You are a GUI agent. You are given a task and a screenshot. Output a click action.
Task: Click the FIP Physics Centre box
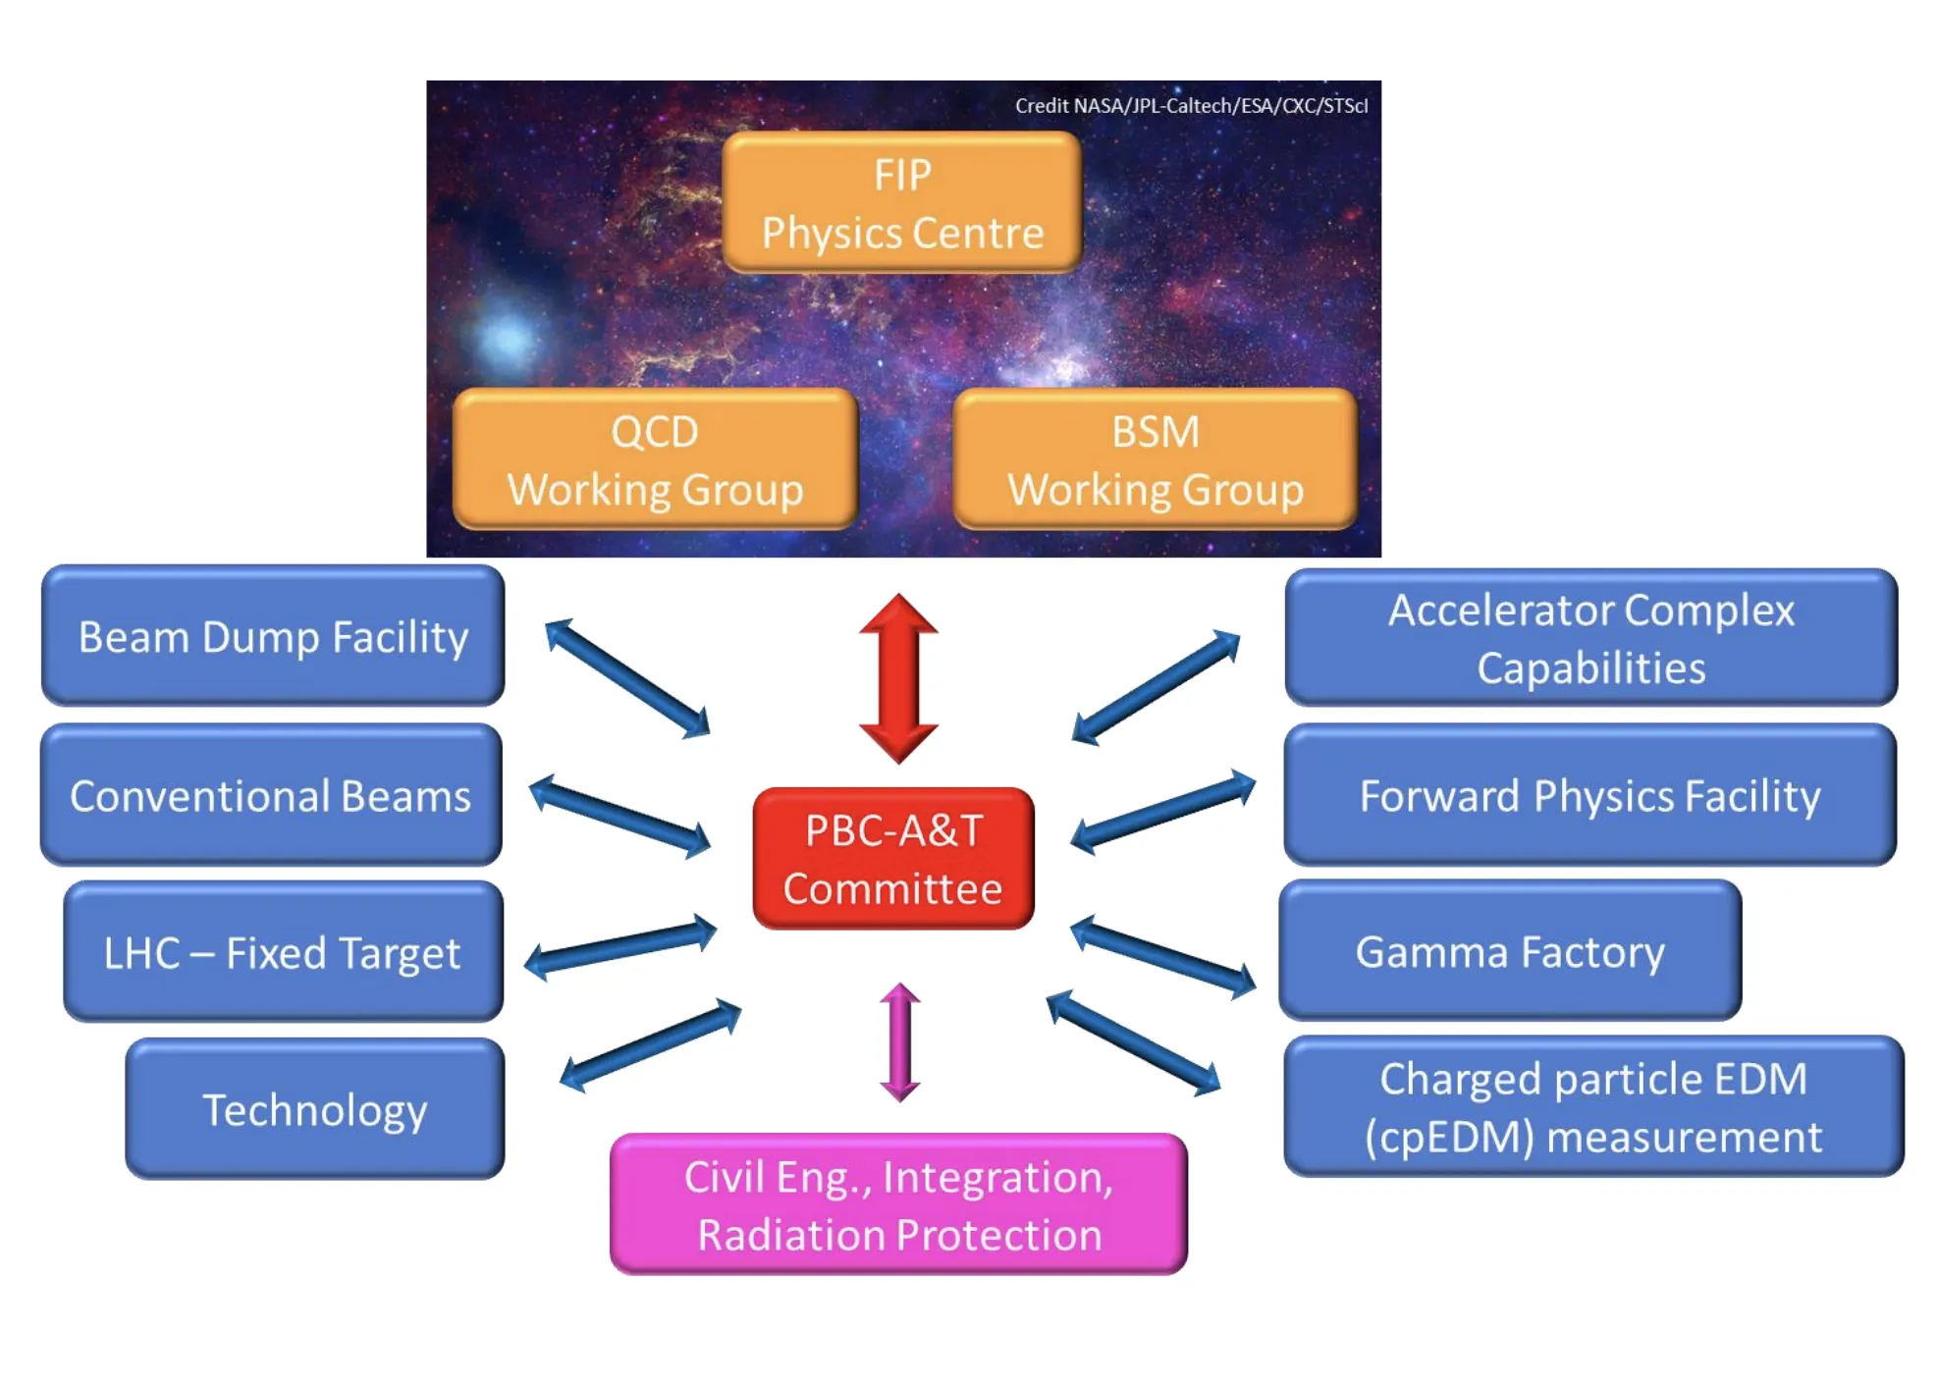(902, 202)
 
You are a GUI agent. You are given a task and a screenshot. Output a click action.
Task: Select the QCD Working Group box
(655, 459)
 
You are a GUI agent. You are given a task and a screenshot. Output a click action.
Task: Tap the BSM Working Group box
(1156, 459)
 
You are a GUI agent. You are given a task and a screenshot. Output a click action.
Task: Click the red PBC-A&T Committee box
(893, 859)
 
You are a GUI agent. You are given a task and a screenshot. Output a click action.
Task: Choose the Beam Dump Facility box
(273, 636)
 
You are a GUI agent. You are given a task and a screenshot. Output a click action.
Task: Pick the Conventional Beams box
(271, 795)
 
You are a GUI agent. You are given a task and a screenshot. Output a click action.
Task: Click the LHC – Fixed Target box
(283, 952)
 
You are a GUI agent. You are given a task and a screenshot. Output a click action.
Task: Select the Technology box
(315, 1109)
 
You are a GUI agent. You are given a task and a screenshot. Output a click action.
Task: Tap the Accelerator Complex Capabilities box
(1591, 638)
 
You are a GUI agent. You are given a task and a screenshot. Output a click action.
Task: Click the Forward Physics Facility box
(1590, 795)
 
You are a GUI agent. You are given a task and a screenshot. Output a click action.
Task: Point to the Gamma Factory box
(1511, 951)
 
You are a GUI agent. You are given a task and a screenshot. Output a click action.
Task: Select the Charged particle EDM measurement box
(1594, 1107)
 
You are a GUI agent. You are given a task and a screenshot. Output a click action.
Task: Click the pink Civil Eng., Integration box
(899, 1205)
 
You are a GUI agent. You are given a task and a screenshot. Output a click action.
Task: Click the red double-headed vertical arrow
(898, 678)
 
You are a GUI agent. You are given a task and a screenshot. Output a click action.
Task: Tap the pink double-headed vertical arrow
(900, 1042)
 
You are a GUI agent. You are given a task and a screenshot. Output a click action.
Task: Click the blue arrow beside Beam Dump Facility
(627, 678)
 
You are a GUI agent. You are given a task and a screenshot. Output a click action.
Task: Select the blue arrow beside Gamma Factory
(1163, 957)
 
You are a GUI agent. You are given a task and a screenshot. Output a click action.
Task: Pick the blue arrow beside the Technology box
(650, 1045)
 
